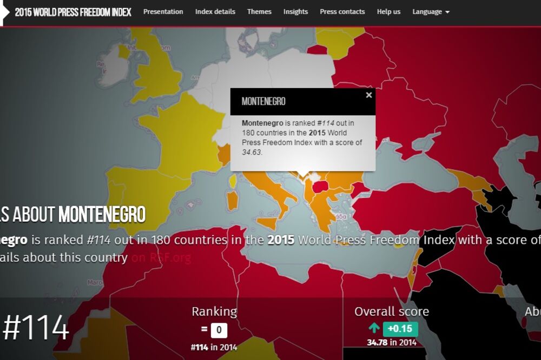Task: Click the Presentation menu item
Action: tap(163, 11)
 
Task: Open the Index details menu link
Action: tap(215, 11)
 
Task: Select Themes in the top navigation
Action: tap(259, 11)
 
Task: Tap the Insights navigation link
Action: tap(295, 11)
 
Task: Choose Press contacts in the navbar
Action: tap(342, 11)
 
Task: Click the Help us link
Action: tap(388, 11)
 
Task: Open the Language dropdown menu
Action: tap(431, 11)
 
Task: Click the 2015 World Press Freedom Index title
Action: tap(72, 12)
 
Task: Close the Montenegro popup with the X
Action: tap(369, 95)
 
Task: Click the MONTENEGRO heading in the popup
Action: tap(263, 102)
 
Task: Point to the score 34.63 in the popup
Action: tap(252, 152)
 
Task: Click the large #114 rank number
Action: tap(36, 328)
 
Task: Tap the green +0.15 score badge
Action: tap(400, 329)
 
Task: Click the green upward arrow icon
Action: tap(374, 328)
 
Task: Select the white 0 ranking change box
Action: tap(219, 330)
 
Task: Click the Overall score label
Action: tap(392, 311)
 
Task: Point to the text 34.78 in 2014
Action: tap(392, 342)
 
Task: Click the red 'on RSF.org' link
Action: tap(161, 258)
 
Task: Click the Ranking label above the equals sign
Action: tap(214, 311)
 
